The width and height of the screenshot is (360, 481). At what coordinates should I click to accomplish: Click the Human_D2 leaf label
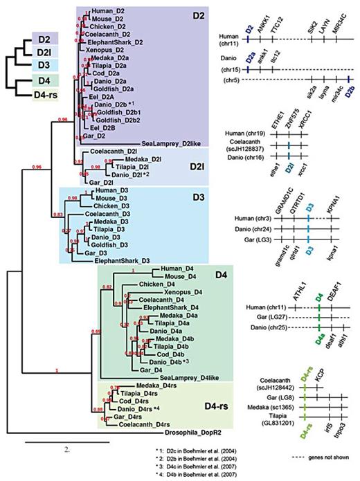[x=104, y=12]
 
